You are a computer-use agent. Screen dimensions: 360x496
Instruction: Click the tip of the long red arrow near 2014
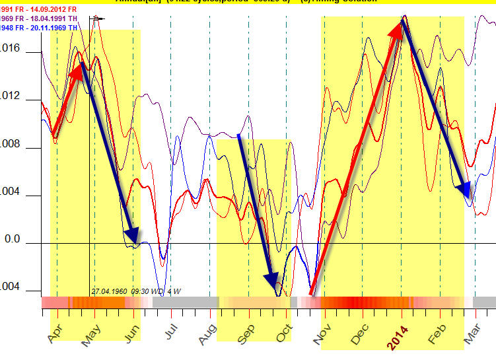coord(402,20)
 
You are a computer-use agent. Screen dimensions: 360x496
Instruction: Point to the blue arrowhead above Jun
coord(134,236)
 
